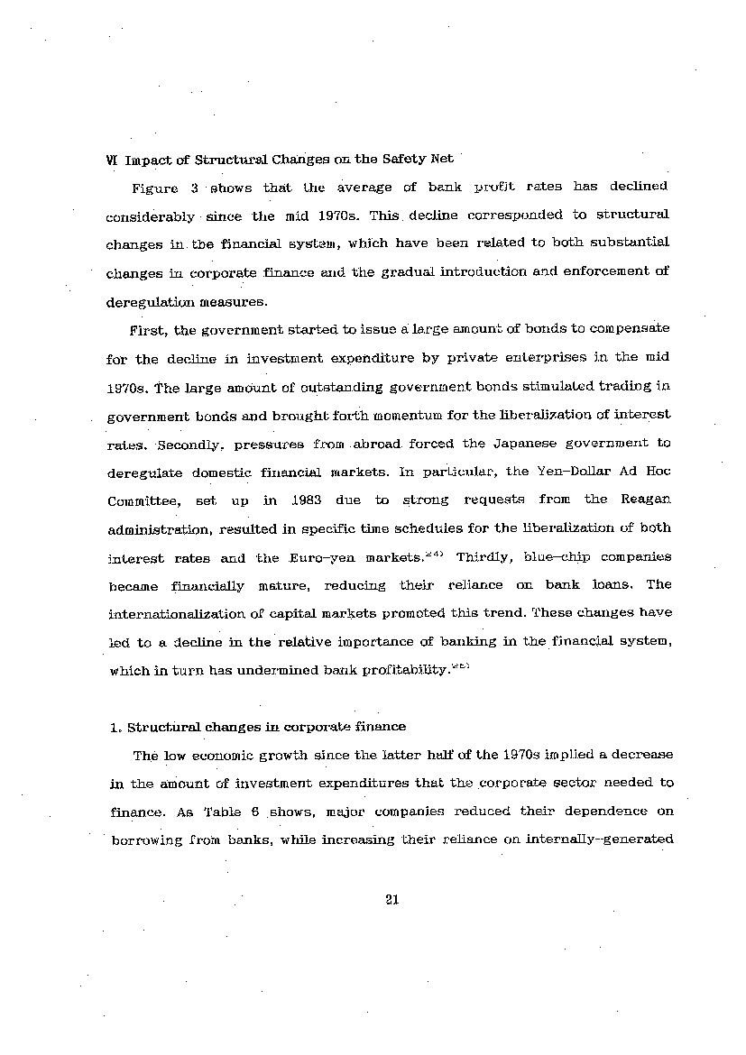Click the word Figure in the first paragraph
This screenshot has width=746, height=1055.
[153, 188]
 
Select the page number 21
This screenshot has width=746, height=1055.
[391, 898]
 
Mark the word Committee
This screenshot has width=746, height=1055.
[141, 500]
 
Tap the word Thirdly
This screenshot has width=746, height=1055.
[484, 556]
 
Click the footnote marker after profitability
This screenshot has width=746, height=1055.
[462, 665]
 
